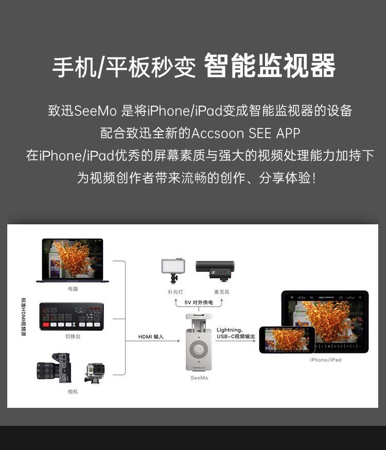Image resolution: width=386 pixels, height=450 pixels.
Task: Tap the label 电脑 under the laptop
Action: coord(73,289)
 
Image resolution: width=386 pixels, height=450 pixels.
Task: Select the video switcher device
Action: coord(72,316)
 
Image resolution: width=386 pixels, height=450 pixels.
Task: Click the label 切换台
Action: coord(73,336)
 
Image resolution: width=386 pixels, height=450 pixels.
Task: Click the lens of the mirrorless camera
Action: coord(45,370)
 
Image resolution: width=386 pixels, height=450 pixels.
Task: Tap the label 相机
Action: coord(73,391)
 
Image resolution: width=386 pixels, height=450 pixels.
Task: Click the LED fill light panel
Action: coord(173,267)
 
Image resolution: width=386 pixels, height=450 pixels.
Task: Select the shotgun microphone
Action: coord(215,268)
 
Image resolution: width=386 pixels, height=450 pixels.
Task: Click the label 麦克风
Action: coord(221,292)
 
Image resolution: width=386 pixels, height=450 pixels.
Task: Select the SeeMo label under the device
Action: coord(199,378)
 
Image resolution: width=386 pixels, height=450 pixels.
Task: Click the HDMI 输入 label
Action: coord(151,337)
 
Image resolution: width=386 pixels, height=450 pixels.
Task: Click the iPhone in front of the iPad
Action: coord(286,340)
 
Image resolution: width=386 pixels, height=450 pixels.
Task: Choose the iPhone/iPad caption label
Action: coord(325,360)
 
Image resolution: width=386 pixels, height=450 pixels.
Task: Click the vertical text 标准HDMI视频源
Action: coord(24,316)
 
